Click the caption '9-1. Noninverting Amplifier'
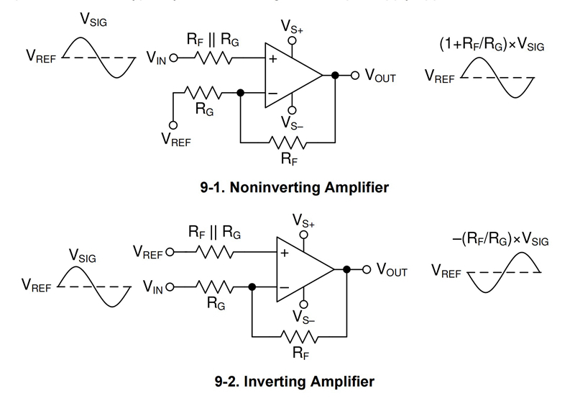click(295, 188)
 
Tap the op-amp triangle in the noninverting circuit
click(291, 75)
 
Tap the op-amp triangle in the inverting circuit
click(303, 270)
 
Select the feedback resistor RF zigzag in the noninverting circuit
click(288, 142)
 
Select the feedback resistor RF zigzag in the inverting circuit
click(301, 335)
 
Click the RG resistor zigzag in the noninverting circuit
click(200, 92)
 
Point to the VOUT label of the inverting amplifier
click(389, 271)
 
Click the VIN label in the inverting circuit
click(152, 288)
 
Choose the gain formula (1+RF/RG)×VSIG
click(492, 45)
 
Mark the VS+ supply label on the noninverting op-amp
click(292, 26)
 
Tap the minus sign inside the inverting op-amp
click(285, 287)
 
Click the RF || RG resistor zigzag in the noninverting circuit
click(213, 58)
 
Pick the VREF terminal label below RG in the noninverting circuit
click(176, 140)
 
